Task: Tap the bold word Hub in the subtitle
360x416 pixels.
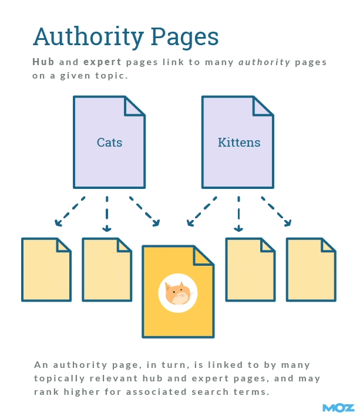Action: pyautogui.click(x=43, y=62)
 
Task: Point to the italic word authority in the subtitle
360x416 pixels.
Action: pyautogui.click(x=264, y=62)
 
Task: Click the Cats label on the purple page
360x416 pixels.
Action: pyautogui.click(x=109, y=143)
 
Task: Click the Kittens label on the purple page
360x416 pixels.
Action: pyautogui.click(x=239, y=143)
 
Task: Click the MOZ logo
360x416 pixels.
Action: pyautogui.click(x=338, y=407)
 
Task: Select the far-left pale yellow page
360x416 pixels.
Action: pyautogui.click(x=46, y=270)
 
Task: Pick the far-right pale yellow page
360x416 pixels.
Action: pyautogui.click(x=311, y=270)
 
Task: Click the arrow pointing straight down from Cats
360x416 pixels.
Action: pyautogui.click(x=107, y=214)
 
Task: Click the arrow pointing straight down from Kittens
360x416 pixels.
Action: pyautogui.click(x=238, y=214)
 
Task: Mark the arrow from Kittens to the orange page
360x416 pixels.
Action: pyautogui.click(x=201, y=211)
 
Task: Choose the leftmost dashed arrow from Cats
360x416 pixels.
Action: pyautogui.click(x=70, y=211)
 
